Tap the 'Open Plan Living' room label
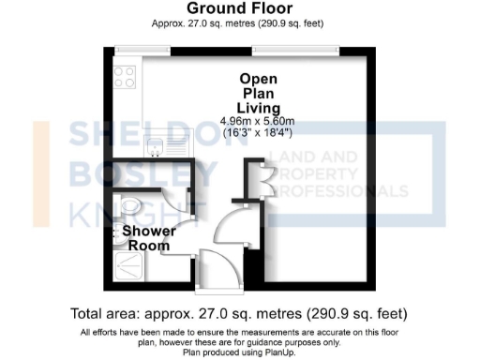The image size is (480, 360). click(x=258, y=94)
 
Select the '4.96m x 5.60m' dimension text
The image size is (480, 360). click(x=258, y=122)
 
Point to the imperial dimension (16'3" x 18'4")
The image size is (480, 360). click(x=258, y=134)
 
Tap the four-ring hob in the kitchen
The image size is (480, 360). click(x=126, y=78)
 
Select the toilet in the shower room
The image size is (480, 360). click(x=128, y=205)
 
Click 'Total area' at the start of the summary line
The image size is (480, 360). click(x=105, y=313)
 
